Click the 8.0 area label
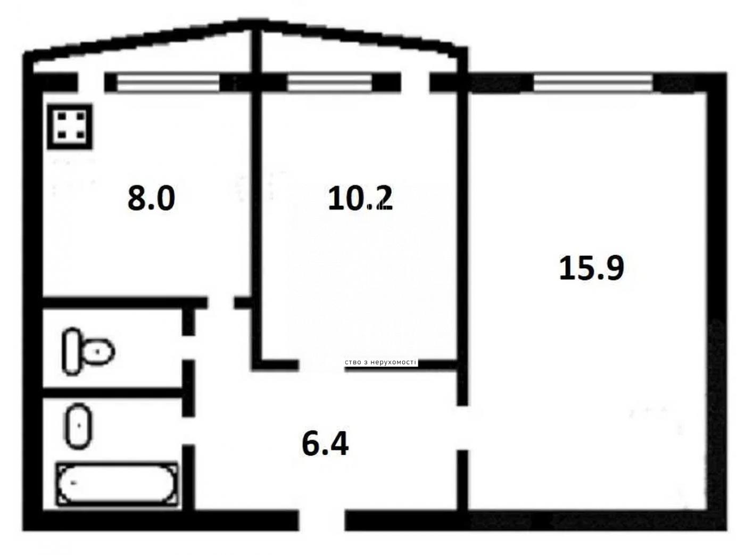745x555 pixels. click(x=151, y=199)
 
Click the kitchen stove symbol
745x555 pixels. click(x=70, y=127)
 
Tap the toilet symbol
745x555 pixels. click(x=88, y=351)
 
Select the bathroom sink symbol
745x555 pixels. click(x=78, y=426)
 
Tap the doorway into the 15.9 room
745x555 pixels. click(x=462, y=427)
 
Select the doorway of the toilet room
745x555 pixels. click(x=188, y=347)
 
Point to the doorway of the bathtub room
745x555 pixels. click(x=188, y=431)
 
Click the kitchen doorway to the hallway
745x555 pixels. click(x=221, y=303)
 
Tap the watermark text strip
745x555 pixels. click(x=381, y=362)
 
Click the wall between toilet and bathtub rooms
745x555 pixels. click(x=112, y=392)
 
